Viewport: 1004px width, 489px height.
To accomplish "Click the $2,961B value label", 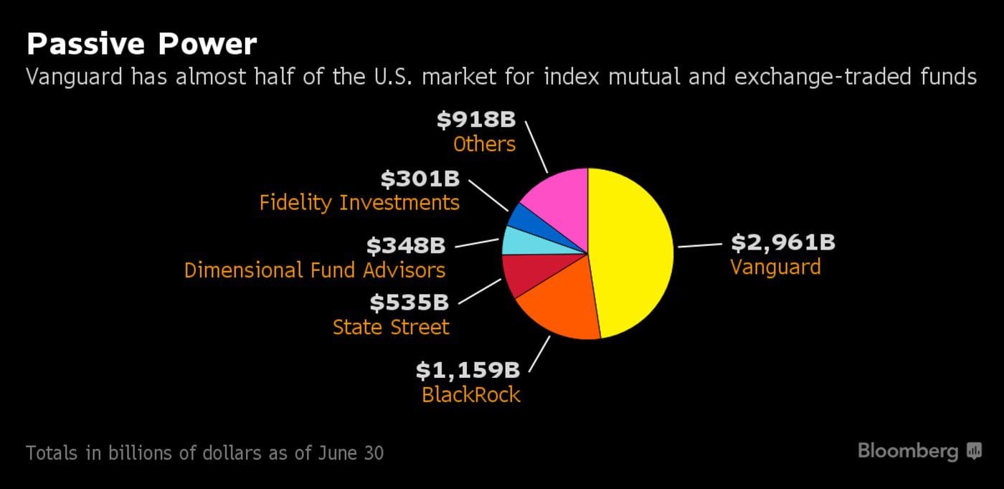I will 782,242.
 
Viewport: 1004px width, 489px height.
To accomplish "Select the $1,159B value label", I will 468,370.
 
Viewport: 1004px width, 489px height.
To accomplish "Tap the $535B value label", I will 409,303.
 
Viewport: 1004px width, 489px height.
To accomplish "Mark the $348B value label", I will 406,245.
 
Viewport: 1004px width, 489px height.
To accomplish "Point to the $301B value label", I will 420,178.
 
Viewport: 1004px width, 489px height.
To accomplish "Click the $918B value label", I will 475,119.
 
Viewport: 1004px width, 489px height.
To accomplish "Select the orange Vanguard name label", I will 775,267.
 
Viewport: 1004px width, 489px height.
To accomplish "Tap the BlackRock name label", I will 470,394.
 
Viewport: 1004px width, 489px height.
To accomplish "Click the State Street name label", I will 391,328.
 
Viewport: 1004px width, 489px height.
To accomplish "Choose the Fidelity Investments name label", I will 359,203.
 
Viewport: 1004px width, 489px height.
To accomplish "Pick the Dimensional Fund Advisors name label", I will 315,270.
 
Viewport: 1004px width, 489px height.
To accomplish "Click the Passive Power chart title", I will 141,44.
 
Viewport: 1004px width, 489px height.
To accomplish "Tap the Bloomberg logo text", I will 907,451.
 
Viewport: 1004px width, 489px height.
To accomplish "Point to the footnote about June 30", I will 204,453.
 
